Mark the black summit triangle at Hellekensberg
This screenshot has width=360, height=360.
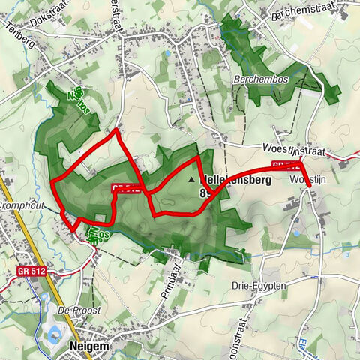(192, 181)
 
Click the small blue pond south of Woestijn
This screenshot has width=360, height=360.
(296, 232)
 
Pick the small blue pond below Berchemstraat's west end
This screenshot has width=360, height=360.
(166, 54)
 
